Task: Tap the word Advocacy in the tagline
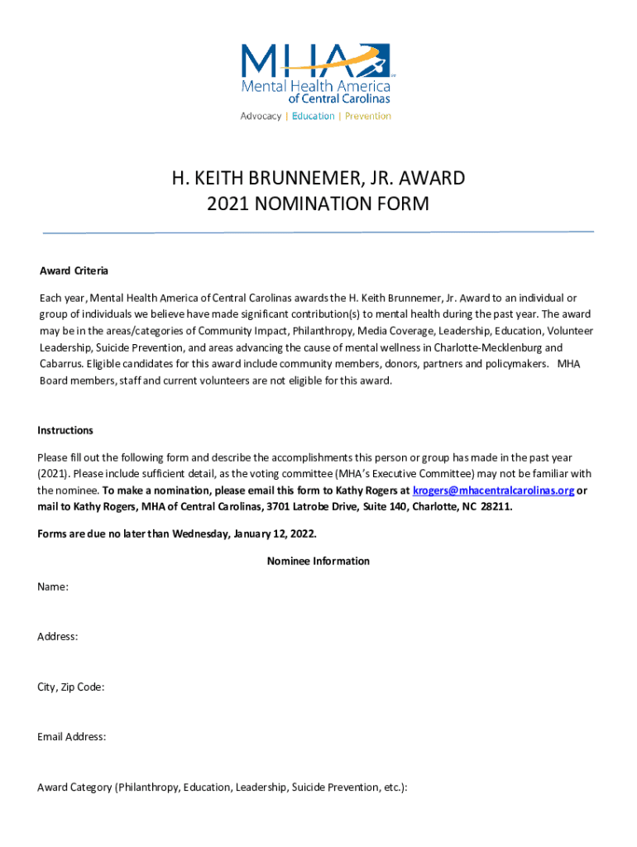pyautogui.click(x=261, y=117)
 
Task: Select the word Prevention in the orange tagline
pyautogui.click(x=367, y=117)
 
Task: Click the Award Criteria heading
pyautogui.click(x=74, y=271)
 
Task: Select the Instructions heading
pyautogui.click(x=65, y=430)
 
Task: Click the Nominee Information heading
pyautogui.click(x=318, y=561)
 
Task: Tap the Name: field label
pyautogui.click(x=53, y=586)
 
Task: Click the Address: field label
pyautogui.click(x=58, y=636)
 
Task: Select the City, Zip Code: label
pyautogui.click(x=70, y=687)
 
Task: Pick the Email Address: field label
pyautogui.click(x=71, y=736)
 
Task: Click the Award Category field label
pyautogui.click(x=222, y=787)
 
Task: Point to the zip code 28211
pyautogui.click(x=495, y=507)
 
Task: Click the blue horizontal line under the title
pyautogui.click(x=318, y=232)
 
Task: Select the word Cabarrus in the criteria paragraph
pyautogui.click(x=60, y=365)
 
